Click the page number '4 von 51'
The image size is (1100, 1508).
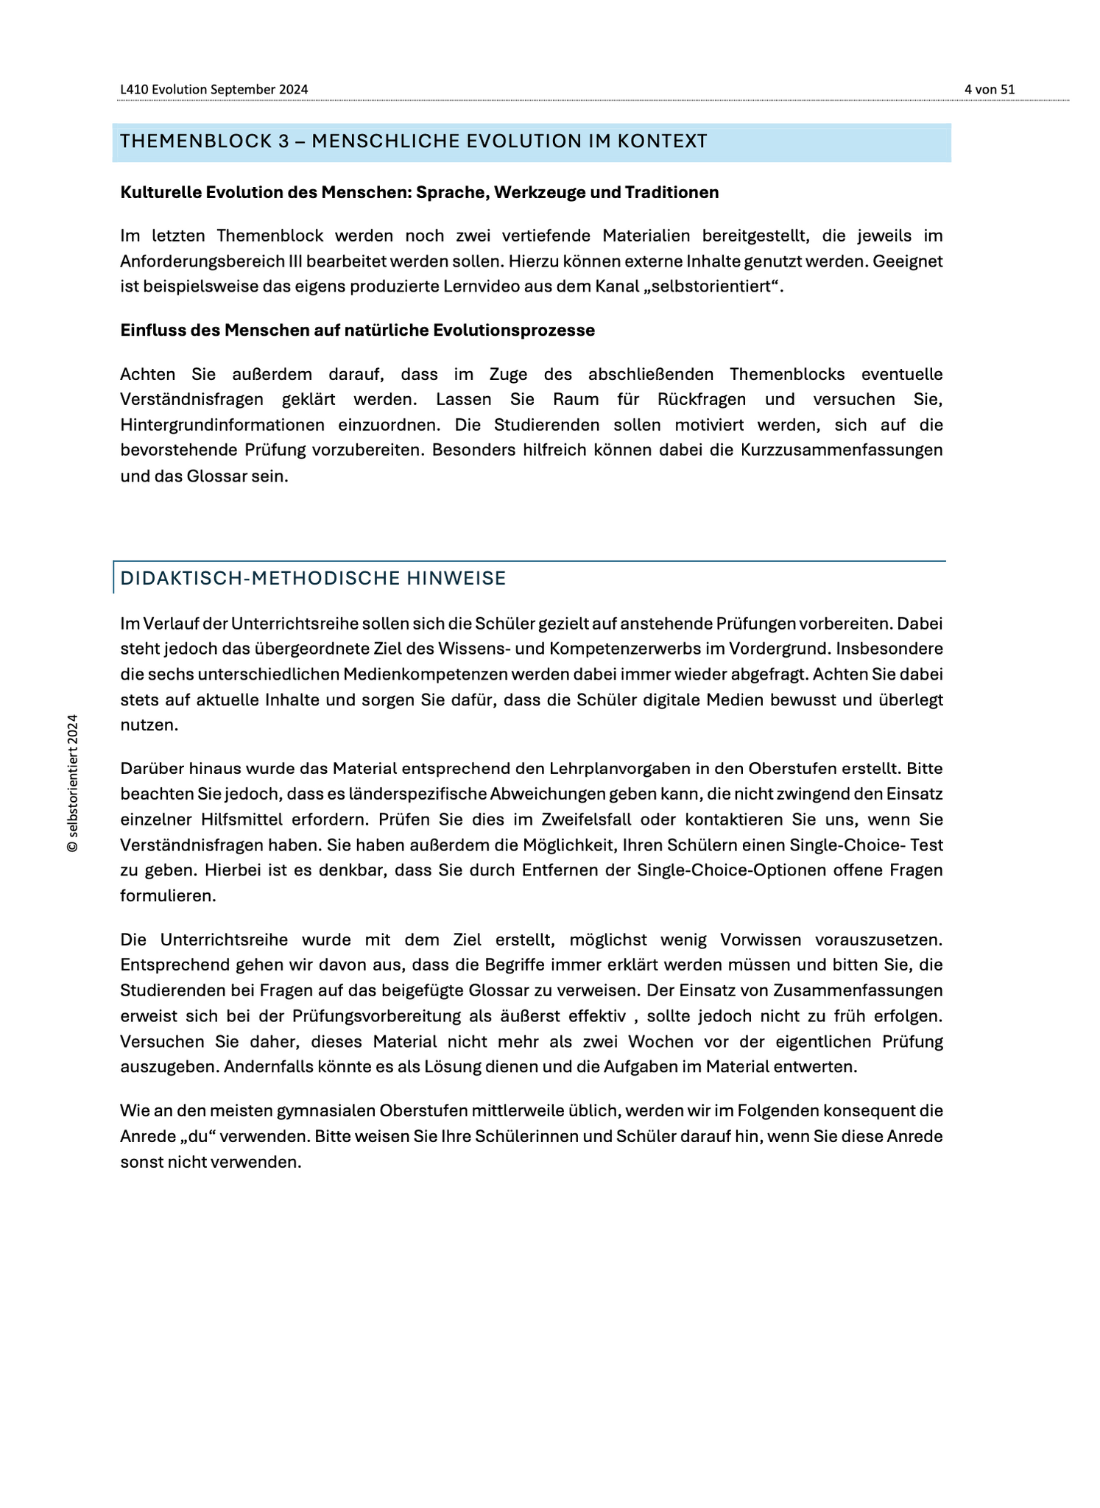coord(989,89)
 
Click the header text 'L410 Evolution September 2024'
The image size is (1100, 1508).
coord(214,89)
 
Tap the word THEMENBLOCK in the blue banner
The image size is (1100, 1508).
coord(196,141)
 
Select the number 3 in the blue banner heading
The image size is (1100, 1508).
coord(283,141)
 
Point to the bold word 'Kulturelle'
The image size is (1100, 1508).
coord(156,192)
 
